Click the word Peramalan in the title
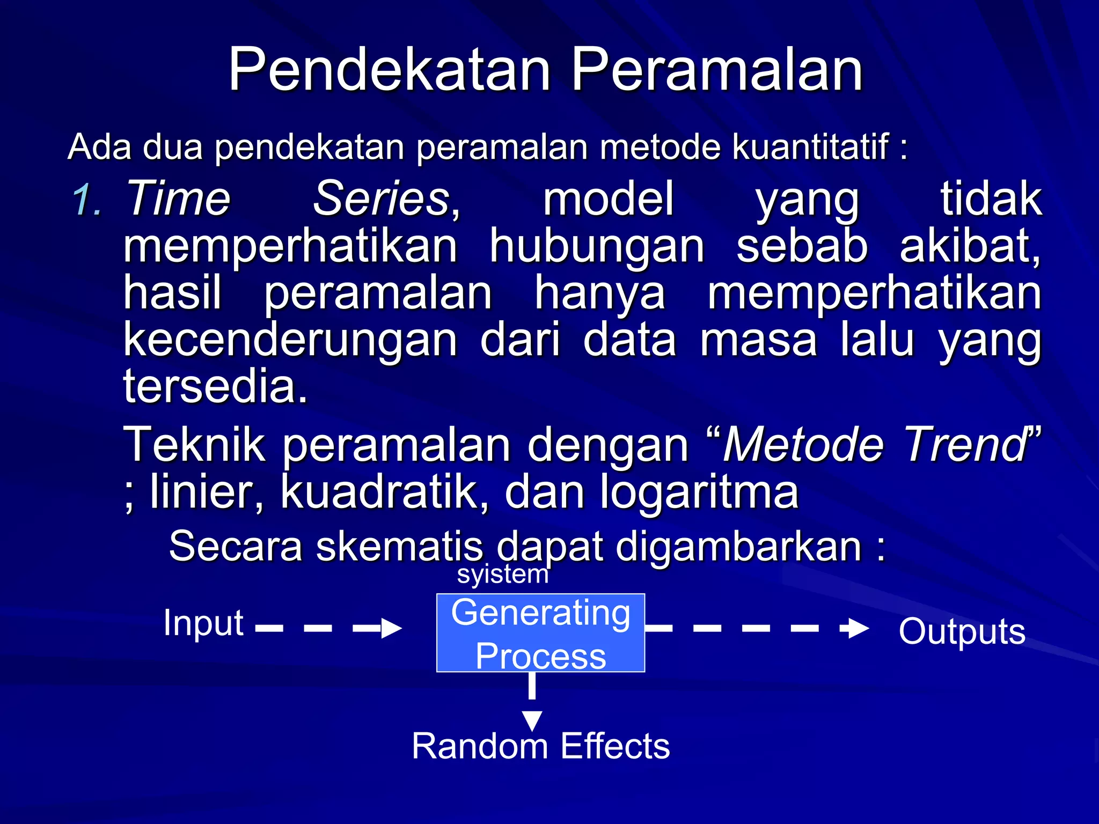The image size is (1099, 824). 716,70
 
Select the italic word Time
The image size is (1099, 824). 178,198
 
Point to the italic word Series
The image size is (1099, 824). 382,198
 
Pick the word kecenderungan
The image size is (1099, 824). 290,341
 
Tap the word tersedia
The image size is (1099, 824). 216,386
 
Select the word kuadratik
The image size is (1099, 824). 384,491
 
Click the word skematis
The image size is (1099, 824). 399,546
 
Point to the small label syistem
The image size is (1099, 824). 503,574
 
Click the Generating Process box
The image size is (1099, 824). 540,633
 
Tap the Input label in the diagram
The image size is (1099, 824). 203,623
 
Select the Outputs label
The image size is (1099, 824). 962,631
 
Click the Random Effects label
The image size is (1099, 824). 540,746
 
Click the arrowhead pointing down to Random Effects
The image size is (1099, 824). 532,720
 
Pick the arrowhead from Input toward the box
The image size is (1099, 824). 391,628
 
